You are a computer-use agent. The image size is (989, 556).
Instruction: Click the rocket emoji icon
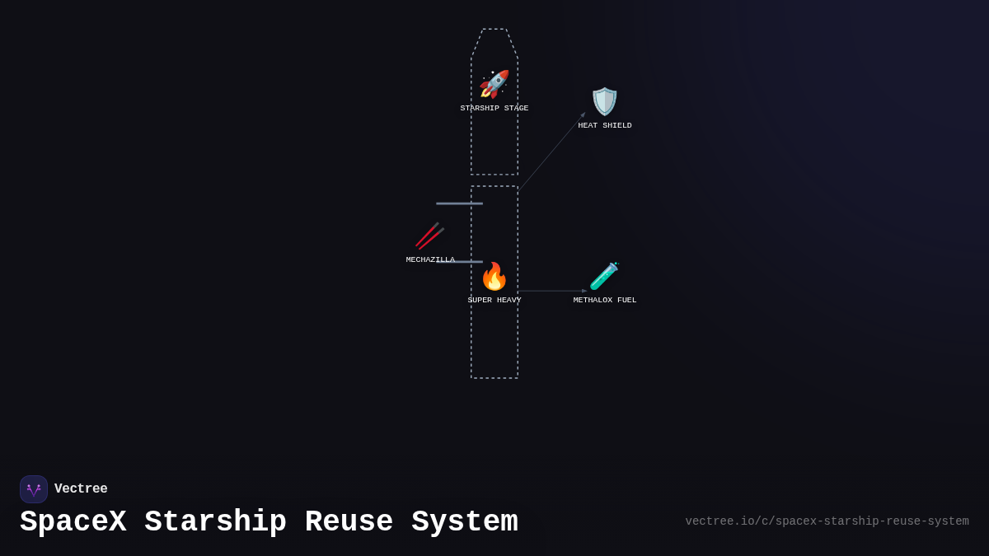pyautogui.click(x=494, y=84)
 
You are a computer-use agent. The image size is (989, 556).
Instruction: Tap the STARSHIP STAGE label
pyautogui.click(x=494, y=108)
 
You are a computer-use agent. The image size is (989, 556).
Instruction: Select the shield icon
pyautogui.click(x=605, y=101)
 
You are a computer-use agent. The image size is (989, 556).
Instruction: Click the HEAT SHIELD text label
pyautogui.click(x=605, y=125)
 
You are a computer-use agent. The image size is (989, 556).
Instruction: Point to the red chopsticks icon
pyautogui.click(x=429, y=236)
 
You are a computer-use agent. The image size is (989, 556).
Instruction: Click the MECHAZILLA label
pyautogui.click(x=430, y=259)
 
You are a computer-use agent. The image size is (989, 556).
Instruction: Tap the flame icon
pyautogui.click(x=494, y=277)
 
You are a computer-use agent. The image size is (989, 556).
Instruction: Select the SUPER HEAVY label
pyautogui.click(x=494, y=300)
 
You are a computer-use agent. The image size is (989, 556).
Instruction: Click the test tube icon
pyautogui.click(x=604, y=276)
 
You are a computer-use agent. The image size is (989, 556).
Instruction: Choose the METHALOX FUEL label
pyautogui.click(x=605, y=300)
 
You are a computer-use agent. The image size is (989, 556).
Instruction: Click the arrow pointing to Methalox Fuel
pyautogui.click(x=552, y=291)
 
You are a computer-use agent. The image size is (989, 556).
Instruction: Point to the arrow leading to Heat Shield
pyautogui.click(x=551, y=152)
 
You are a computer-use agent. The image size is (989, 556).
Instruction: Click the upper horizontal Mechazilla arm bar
pyautogui.click(x=459, y=203)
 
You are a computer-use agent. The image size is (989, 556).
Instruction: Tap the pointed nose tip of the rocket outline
pyautogui.click(x=494, y=30)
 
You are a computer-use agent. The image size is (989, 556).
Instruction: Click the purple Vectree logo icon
pyautogui.click(x=34, y=489)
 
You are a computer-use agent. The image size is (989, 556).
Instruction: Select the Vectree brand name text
pyautogui.click(x=81, y=489)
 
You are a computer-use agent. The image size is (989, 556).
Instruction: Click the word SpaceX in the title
pyautogui.click(x=73, y=522)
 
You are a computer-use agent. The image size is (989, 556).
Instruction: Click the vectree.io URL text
pyautogui.click(x=827, y=521)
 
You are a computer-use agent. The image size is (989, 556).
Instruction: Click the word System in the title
pyautogui.click(x=465, y=522)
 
